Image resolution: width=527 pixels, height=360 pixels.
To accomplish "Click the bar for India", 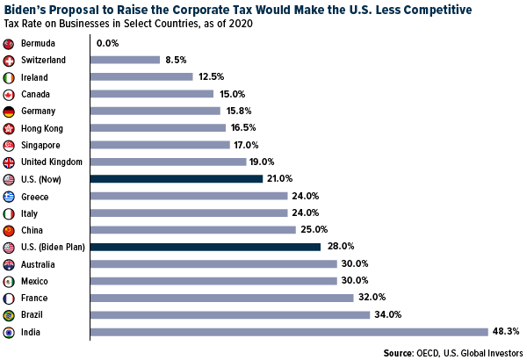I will tap(289, 332).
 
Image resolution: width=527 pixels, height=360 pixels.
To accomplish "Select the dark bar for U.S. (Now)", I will tap(177, 179).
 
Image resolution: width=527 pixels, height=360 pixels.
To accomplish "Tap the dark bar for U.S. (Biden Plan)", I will tap(206, 247).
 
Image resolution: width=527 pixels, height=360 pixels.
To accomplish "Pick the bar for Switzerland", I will tap(125, 60).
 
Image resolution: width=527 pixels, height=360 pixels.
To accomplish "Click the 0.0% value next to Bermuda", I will tap(108, 43).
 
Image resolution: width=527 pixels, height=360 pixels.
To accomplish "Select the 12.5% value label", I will tap(210, 77).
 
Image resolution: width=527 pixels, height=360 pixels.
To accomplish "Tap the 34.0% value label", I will tap(386, 314).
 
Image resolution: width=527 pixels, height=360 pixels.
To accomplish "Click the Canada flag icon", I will tap(9, 94).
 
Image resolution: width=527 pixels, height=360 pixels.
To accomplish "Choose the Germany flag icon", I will tap(9, 111).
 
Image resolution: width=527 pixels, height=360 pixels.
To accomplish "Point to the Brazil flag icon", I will tap(9, 314).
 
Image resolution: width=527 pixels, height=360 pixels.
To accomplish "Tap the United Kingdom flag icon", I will tap(9, 162).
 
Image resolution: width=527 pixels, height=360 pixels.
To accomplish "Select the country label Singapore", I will tap(40, 145).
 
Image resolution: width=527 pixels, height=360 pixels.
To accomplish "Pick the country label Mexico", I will tap(35, 281).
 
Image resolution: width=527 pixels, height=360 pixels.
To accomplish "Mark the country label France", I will tap(34, 298).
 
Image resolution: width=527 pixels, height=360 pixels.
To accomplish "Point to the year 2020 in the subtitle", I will tap(240, 24).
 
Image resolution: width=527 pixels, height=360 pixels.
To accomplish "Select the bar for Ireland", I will tap(141, 77).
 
